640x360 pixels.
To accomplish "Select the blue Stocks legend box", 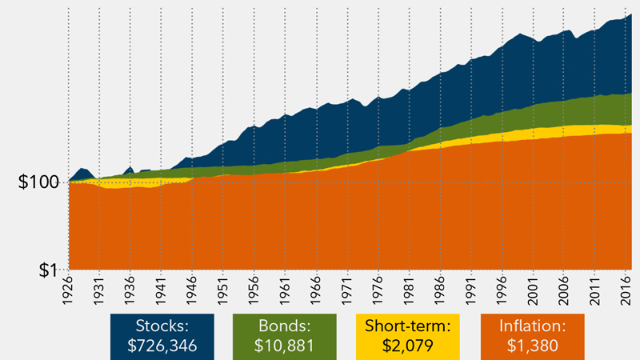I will point(162,336).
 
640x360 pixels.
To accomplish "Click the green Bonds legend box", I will point(284,336).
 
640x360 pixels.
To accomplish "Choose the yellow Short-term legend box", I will point(407,336).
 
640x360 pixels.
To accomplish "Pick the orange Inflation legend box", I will point(532,336).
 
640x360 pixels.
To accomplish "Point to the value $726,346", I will point(162,346).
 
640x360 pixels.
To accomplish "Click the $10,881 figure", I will point(284,346).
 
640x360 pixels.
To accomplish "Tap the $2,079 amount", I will point(407,346).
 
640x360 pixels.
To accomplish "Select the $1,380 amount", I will point(532,346).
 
